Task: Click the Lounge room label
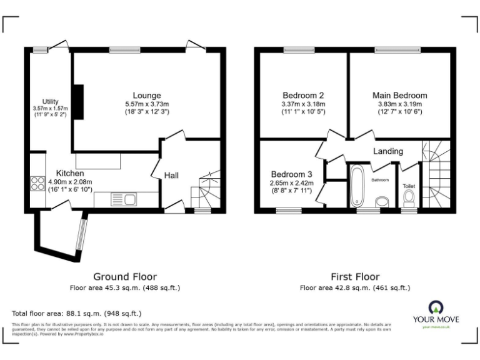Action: [x=147, y=96]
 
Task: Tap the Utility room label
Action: [x=51, y=101]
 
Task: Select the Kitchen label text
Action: [x=71, y=173]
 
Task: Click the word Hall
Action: [x=171, y=176]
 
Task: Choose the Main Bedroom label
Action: [x=400, y=96]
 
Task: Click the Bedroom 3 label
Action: [x=291, y=174]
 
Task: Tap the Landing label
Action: [x=388, y=151]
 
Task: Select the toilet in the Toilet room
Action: [x=409, y=199]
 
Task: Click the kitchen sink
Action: [x=124, y=200]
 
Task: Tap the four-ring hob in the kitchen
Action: [x=35, y=184]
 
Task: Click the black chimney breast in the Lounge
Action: [x=79, y=99]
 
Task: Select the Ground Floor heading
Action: [x=125, y=276]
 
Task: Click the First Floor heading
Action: [x=355, y=276]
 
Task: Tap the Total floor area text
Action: [x=77, y=313]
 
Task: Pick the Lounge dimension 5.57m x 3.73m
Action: [x=147, y=104]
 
